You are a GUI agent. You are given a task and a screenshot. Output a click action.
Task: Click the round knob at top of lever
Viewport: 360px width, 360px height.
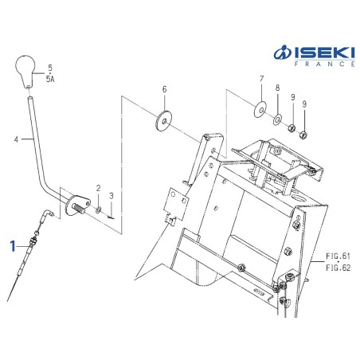(25, 71)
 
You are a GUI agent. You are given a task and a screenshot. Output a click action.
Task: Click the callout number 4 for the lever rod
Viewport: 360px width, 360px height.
(17, 139)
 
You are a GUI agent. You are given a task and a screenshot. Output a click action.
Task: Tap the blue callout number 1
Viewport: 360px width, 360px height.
(13, 246)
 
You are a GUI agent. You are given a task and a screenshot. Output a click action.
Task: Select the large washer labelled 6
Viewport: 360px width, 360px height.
(164, 121)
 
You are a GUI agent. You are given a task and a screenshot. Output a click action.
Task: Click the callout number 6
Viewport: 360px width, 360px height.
(165, 90)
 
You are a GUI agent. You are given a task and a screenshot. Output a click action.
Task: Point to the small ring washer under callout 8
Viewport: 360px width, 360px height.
(277, 119)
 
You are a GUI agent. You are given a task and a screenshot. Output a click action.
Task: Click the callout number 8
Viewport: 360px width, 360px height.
(277, 88)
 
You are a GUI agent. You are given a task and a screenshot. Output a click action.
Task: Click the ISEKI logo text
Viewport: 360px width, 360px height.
(315, 52)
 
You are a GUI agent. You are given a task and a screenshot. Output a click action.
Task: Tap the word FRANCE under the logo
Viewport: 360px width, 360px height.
(324, 65)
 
